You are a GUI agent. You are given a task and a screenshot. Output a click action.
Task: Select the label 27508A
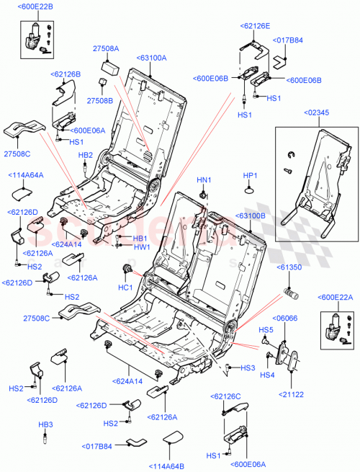coord(105,49)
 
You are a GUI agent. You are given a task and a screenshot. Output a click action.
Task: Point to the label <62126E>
coord(255,25)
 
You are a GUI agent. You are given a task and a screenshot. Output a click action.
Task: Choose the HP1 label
coord(250,175)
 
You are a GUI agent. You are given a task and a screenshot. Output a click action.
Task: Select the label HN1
coord(204,179)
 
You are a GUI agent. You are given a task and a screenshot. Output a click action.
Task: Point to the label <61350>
coord(292,267)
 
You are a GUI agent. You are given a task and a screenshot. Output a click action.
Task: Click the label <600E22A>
coord(333,297)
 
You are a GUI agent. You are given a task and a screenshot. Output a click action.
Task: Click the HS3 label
coord(248,368)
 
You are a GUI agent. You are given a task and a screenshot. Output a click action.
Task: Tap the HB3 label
coord(45,424)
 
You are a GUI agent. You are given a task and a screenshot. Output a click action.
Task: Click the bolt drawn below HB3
coord(46,439)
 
